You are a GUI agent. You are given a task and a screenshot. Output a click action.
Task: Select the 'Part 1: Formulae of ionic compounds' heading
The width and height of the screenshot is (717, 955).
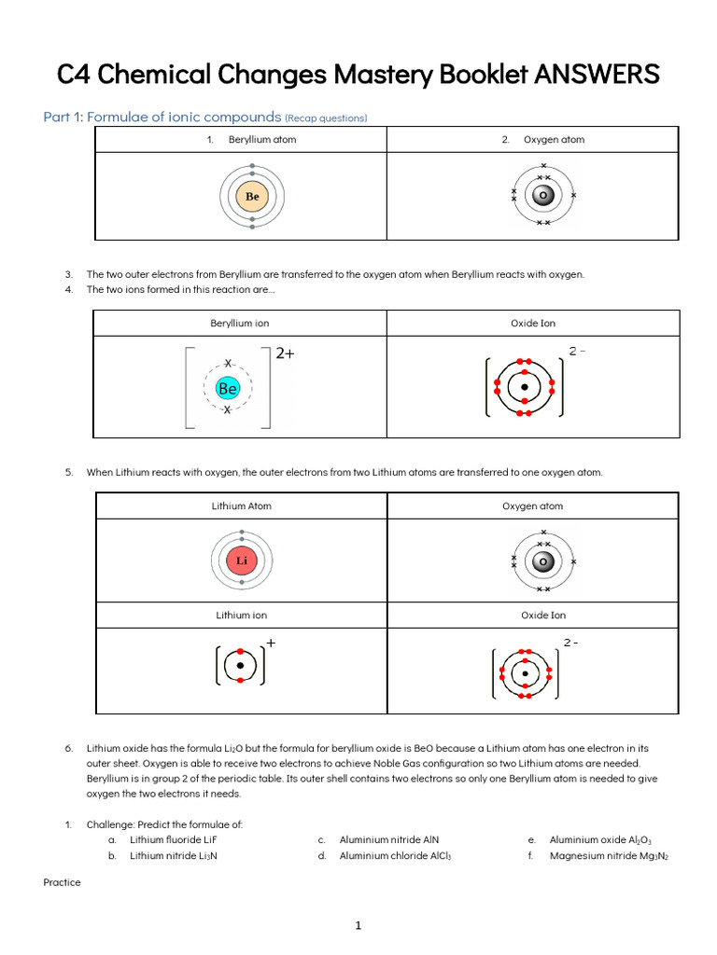coord(162,117)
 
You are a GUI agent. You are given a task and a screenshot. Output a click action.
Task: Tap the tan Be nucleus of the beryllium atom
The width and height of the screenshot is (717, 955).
coord(252,197)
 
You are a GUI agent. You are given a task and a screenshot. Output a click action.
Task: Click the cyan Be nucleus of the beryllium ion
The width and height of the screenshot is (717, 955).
coord(228,388)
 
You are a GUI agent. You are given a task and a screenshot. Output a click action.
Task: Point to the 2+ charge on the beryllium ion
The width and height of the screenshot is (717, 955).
coord(285,353)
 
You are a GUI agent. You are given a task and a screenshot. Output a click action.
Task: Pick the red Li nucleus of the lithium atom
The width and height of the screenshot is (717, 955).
coord(242,561)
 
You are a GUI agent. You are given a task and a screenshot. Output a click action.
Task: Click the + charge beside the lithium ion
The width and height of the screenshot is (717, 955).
coord(272,643)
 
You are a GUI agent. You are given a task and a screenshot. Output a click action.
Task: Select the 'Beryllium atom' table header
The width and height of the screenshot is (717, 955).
coord(262,140)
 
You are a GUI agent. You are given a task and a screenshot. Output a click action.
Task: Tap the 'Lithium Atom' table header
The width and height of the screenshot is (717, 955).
coord(242,506)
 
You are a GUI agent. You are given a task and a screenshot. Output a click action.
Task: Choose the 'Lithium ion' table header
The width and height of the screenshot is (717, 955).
coord(242,616)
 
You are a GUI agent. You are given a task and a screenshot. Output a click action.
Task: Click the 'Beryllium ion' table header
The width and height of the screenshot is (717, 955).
coord(240,324)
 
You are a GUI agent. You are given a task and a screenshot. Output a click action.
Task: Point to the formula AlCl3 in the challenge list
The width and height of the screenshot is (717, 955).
coord(437,855)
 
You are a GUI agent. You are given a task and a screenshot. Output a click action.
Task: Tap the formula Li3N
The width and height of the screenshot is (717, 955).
coord(206,855)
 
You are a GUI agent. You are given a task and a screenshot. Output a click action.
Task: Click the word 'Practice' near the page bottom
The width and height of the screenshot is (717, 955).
coord(63,882)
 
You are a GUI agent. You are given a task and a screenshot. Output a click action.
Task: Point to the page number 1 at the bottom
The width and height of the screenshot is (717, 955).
coord(358,926)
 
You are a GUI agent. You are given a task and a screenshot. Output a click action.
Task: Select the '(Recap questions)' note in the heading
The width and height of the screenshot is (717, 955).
coord(326,118)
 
